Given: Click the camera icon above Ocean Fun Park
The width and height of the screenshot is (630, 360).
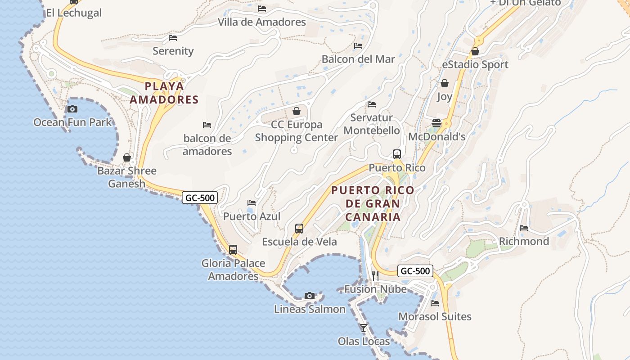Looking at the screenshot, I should (x=72, y=109).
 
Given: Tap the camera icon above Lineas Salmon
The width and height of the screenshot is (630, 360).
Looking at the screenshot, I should (x=309, y=296).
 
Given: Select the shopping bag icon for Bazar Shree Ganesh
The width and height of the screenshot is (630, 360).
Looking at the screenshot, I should (x=127, y=157).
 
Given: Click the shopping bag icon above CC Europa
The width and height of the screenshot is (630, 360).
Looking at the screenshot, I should (x=297, y=111).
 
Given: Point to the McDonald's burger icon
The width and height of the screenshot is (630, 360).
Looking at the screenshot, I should (x=436, y=123).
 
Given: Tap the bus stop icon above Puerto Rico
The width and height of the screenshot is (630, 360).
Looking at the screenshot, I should (x=396, y=154).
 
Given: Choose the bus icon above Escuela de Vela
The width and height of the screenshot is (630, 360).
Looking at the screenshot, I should (x=299, y=228).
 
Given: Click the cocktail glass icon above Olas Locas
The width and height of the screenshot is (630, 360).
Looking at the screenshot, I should (x=364, y=328).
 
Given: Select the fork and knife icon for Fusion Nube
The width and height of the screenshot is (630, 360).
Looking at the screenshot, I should (x=375, y=275).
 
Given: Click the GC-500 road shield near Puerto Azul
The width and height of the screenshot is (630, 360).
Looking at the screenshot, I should (x=200, y=198).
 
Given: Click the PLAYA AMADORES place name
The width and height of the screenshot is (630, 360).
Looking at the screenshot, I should (x=164, y=93).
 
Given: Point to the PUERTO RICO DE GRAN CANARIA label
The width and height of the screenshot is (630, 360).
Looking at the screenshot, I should (x=373, y=203).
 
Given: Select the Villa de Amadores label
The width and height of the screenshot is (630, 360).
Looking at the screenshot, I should (x=261, y=22).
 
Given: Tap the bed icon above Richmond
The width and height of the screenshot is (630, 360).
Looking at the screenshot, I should (x=524, y=228).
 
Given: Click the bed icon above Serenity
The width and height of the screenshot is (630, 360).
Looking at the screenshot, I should (x=173, y=38).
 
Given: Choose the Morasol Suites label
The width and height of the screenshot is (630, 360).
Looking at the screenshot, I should (x=435, y=316).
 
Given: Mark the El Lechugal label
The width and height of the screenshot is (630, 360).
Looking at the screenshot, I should (x=74, y=13).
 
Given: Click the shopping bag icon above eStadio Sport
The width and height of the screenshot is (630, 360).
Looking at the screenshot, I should (x=475, y=52).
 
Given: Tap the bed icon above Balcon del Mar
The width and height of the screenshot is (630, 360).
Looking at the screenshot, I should (x=358, y=46).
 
